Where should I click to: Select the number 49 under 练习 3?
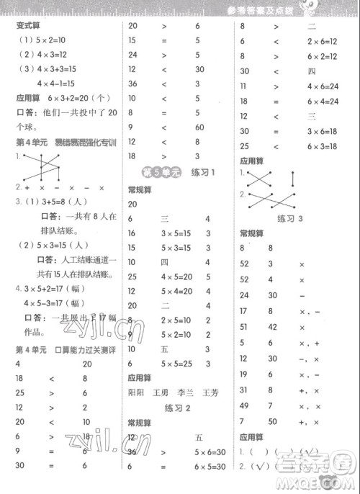click(245, 408)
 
